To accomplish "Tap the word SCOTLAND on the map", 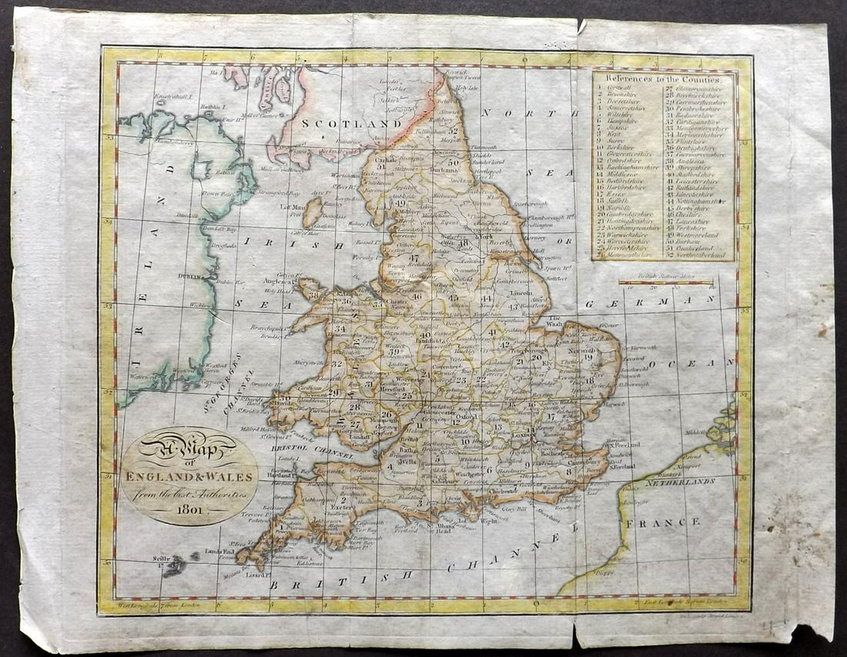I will click(x=340, y=123).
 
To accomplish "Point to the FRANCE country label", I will click(x=675, y=522).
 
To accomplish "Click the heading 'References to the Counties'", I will click(x=663, y=79).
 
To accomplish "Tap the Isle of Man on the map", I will click(x=311, y=213).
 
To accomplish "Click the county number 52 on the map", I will click(x=453, y=131).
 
